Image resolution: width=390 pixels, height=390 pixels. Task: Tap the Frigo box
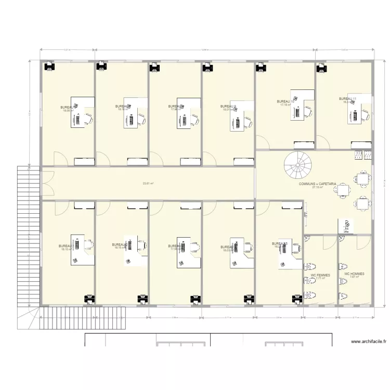click(x=344, y=226)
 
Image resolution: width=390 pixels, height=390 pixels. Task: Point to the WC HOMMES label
click(x=354, y=274)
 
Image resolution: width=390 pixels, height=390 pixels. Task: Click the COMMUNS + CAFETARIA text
click(x=317, y=184)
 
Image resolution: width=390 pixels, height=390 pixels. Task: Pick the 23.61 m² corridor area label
click(x=148, y=183)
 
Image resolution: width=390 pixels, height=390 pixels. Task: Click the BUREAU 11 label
click(x=347, y=98)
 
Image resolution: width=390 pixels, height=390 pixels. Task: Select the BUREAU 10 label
click(x=285, y=101)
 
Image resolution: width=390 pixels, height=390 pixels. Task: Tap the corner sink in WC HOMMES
click(x=342, y=240)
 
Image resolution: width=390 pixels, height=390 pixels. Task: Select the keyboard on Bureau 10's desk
click(x=297, y=111)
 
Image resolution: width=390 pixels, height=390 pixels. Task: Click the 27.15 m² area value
click(x=317, y=188)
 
